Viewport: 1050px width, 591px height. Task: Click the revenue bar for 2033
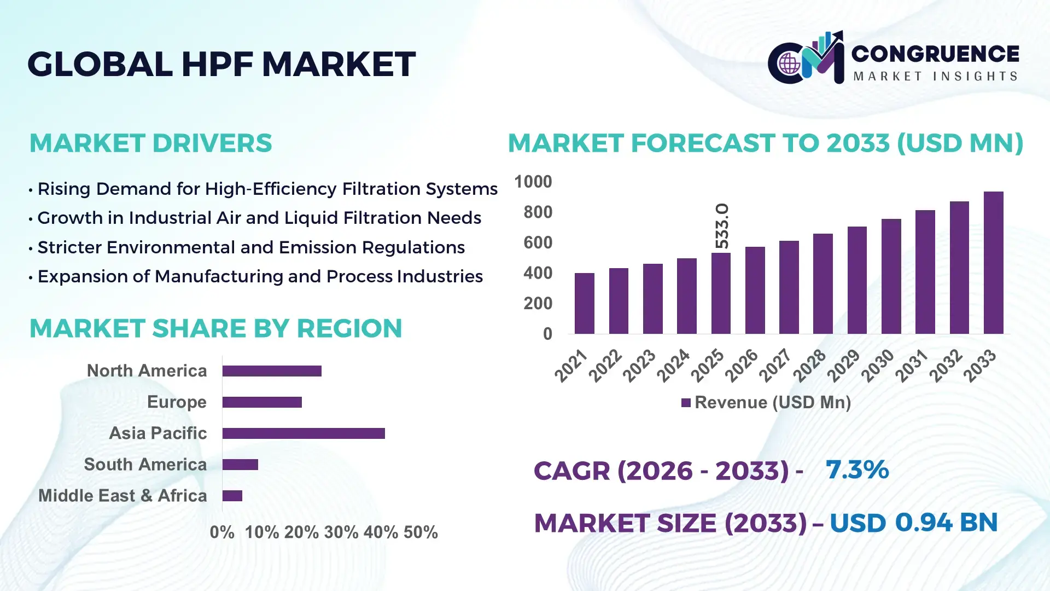[x=993, y=263]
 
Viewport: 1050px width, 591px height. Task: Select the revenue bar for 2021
[x=584, y=303]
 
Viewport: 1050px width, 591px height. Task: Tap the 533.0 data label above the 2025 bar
[x=722, y=225]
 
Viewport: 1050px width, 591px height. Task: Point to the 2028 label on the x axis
[x=810, y=365]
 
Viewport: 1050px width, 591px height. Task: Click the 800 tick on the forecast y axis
[x=538, y=212]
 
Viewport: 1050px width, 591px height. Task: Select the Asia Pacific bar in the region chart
[x=304, y=433]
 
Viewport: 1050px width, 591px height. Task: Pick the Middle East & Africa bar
[x=232, y=496]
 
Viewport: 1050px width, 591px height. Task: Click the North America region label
[x=147, y=371]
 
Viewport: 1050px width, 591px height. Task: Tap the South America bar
[x=240, y=465]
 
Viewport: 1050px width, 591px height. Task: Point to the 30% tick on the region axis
[x=341, y=532]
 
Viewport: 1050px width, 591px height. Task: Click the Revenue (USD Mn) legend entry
[x=766, y=403]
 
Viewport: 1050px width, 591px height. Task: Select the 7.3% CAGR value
[x=857, y=470]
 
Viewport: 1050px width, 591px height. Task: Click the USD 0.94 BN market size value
[x=913, y=523]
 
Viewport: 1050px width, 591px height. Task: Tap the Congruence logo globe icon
[x=789, y=64]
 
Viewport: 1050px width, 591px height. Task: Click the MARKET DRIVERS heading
[x=150, y=143]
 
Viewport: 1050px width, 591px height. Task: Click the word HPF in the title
[x=217, y=64]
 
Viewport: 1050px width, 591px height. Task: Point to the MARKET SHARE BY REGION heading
[x=215, y=328]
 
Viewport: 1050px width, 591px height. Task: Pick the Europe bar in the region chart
[x=262, y=402]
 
